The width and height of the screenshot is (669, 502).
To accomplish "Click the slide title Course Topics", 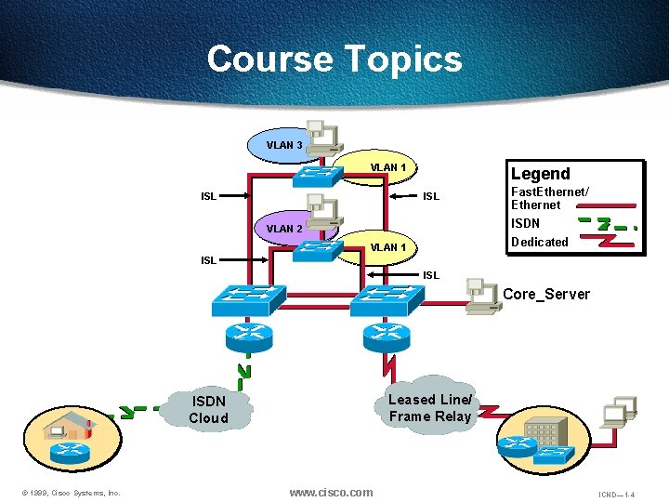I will click(334, 59).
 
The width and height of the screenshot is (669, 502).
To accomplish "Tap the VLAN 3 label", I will click(283, 145).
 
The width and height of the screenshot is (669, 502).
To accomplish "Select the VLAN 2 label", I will click(283, 229).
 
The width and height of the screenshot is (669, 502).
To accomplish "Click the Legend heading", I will click(540, 174).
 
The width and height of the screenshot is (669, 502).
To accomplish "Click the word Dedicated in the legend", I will click(539, 242).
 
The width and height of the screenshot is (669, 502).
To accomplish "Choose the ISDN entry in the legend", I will click(525, 223).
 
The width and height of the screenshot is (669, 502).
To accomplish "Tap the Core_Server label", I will click(545, 295).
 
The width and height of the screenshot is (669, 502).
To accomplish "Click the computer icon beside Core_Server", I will click(481, 293).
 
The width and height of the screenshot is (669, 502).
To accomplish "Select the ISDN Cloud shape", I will click(208, 409).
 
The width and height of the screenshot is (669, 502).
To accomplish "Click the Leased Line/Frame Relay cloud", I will click(430, 407).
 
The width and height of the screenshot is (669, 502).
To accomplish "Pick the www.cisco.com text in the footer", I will click(331, 493).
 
